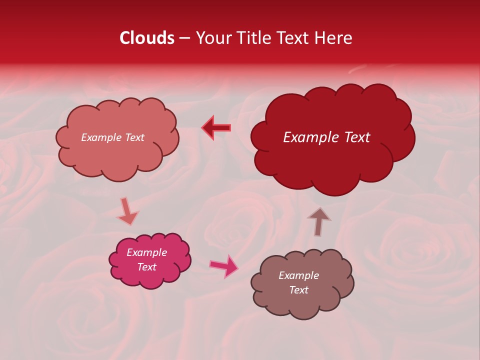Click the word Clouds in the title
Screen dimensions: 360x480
147,38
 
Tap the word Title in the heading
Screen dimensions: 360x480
249,38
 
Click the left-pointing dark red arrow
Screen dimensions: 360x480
216,128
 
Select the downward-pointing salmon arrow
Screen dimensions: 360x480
127,211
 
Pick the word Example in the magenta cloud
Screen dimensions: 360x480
146,252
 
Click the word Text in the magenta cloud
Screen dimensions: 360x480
146,267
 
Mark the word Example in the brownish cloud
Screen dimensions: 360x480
298,275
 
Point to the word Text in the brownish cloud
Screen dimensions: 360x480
298,290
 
